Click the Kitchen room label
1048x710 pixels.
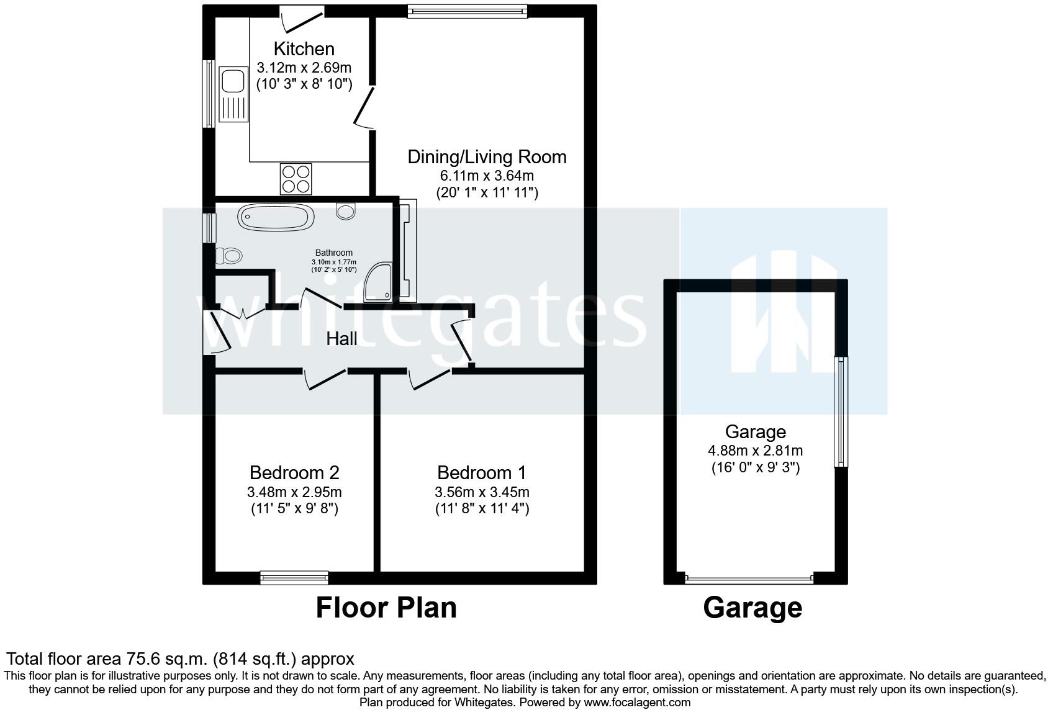pos(304,48)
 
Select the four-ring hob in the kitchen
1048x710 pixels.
pos(296,178)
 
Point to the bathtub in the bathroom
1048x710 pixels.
pos(274,217)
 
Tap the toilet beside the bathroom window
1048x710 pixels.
pos(228,255)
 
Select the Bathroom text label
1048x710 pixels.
pos(333,253)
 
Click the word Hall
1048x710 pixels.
pos(341,339)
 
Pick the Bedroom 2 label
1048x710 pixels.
pos(294,473)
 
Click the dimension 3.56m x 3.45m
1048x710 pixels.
pos(482,493)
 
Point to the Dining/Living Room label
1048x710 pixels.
pos(487,157)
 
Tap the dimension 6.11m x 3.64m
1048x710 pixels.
pos(487,176)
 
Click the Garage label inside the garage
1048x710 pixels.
pos(755,432)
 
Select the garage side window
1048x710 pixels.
pos(840,411)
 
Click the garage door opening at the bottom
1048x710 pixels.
pos(749,578)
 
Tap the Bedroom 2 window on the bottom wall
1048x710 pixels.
pos(294,578)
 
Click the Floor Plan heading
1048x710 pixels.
pos(386,608)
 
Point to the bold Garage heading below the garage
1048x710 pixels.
pos(752,608)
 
